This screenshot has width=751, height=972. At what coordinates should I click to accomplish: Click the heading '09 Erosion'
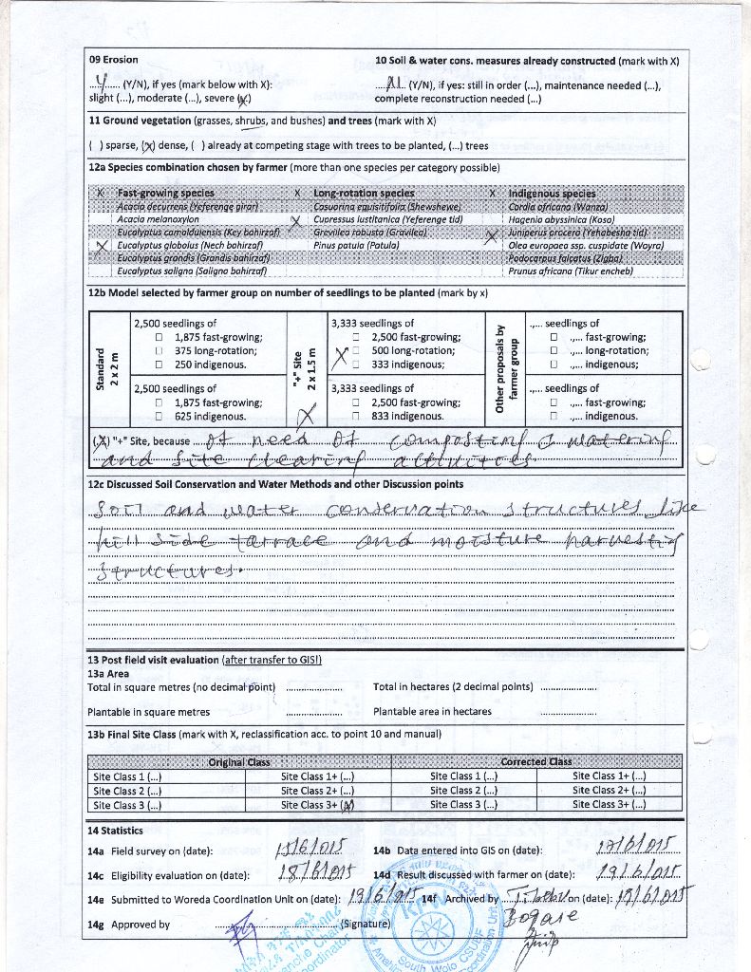tap(113, 60)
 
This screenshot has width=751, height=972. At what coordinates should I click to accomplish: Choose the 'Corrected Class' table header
tap(536, 761)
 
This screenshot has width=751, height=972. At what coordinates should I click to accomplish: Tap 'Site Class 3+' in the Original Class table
tap(317, 805)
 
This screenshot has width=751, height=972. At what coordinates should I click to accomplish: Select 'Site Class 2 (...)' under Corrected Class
tap(464, 790)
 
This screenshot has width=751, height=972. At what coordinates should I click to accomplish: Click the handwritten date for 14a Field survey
tap(303, 848)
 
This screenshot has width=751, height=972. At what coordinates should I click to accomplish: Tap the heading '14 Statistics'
tap(115, 831)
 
